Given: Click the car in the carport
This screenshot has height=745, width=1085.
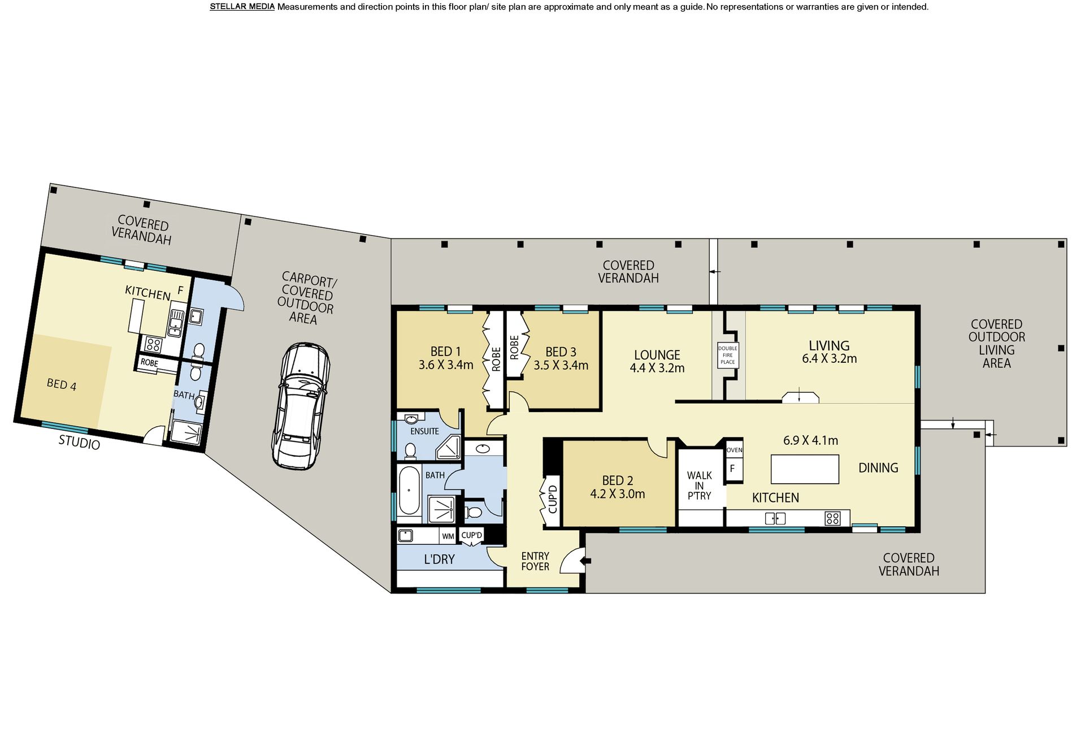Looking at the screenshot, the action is click(301, 406).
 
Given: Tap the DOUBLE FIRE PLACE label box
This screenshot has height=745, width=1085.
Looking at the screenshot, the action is click(727, 355).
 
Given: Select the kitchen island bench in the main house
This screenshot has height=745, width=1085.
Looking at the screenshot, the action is click(805, 469).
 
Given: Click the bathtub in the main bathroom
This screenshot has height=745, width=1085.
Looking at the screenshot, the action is click(409, 490).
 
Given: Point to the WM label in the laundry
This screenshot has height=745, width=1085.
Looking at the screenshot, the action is click(448, 536).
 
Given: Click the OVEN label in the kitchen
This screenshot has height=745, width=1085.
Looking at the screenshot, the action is click(734, 450).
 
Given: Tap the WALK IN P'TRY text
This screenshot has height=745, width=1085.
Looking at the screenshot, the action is click(699, 486).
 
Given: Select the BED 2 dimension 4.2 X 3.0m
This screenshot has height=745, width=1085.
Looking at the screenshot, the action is click(618, 494).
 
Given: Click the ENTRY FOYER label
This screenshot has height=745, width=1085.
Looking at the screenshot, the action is click(535, 561).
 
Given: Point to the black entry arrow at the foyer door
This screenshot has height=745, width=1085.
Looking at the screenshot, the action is click(586, 560).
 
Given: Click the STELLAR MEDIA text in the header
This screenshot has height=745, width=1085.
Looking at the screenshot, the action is click(242, 7).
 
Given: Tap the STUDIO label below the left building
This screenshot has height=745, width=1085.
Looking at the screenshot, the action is click(79, 443).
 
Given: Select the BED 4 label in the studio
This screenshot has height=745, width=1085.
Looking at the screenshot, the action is click(61, 384).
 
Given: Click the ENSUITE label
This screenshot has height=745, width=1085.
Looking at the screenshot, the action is click(424, 431).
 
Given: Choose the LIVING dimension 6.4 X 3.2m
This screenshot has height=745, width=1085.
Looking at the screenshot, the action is click(829, 358).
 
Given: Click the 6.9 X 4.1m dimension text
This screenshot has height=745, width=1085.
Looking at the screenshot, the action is click(810, 440).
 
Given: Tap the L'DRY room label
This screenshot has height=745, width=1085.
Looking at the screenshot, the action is click(439, 559).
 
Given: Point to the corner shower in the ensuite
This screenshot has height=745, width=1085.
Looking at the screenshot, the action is click(449, 448).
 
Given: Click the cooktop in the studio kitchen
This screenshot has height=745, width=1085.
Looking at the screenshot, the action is click(153, 344).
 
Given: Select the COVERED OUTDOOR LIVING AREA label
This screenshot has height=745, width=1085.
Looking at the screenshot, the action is click(996, 344).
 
